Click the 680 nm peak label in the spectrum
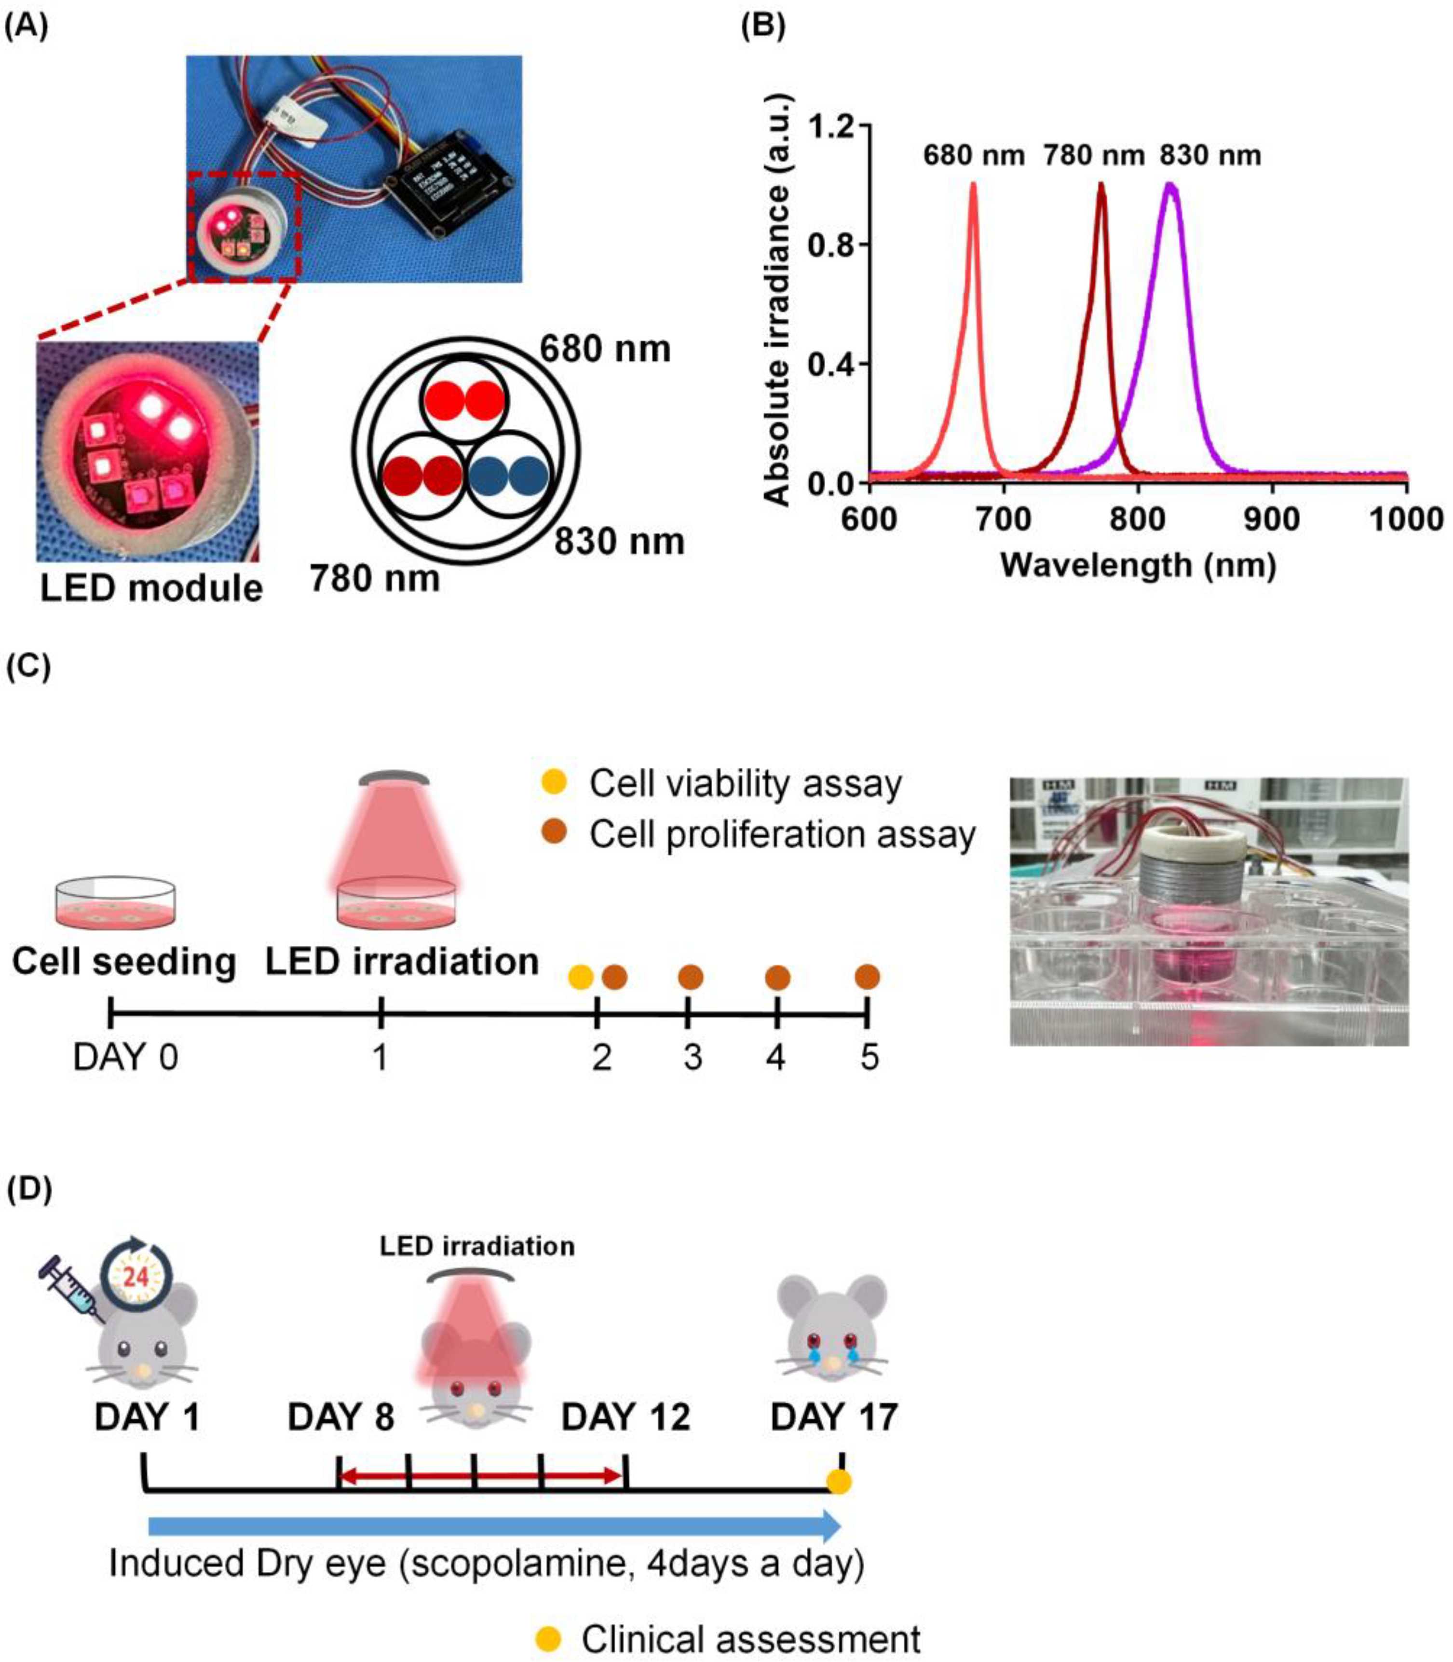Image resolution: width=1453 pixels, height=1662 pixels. pyautogui.click(x=973, y=155)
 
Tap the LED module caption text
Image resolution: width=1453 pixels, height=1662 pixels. pyautogui.click(x=151, y=588)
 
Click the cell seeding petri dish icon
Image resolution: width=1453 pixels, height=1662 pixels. pyautogui.click(x=116, y=902)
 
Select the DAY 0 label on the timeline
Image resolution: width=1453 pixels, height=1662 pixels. pyautogui.click(x=126, y=1057)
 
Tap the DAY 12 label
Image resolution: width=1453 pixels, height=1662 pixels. pyautogui.click(x=625, y=1417)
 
